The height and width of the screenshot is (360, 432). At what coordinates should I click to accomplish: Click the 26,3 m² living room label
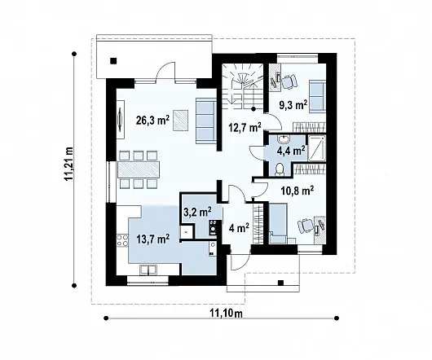click(152, 121)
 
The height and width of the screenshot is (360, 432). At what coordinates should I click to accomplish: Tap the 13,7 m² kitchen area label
click(153, 239)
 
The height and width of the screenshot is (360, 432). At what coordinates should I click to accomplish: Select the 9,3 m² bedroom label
click(293, 105)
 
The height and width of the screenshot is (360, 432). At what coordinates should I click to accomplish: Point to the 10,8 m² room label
click(298, 191)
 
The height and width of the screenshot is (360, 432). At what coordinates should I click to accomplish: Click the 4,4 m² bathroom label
click(291, 151)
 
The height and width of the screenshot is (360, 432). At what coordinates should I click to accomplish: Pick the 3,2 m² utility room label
click(197, 212)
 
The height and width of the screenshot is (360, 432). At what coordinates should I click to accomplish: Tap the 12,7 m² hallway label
click(245, 128)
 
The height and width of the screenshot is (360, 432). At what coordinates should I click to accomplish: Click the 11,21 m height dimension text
click(69, 164)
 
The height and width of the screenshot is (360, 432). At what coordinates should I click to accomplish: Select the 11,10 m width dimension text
click(227, 314)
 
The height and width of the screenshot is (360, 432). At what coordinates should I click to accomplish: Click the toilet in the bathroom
click(280, 169)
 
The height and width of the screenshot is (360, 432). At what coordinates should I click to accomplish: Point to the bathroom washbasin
click(283, 139)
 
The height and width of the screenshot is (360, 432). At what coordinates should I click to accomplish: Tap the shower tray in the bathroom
click(316, 147)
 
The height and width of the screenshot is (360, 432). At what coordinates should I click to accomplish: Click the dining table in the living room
click(139, 169)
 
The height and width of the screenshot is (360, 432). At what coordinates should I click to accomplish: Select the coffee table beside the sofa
click(181, 121)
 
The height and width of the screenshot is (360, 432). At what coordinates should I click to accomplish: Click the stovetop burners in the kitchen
click(122, 240)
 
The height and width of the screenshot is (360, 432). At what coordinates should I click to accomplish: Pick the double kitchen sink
click(148, 270)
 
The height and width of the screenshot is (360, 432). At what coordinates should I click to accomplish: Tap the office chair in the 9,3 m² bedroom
click(289, 81)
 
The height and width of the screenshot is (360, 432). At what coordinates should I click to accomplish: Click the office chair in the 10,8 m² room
click(306, 226)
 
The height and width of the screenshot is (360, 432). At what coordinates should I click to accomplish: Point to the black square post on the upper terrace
click(113, 61)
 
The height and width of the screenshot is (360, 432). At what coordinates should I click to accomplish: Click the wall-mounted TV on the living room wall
click(121, 120)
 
